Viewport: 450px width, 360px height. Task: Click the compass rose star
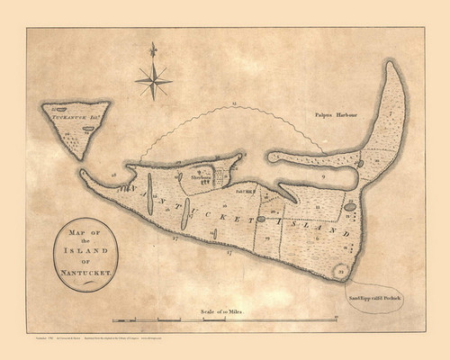pyautogui.click(x=154, y=82)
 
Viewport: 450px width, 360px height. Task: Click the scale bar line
pyautogui.click(x=225, y=319)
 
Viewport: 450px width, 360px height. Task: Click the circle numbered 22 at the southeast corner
pyautogui.click(x=340, y=270)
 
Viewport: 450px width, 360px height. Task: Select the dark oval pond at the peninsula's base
pyautogui.click(x=359, y=164)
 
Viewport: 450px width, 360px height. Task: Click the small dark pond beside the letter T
pyautogui.click(x=261, y=219)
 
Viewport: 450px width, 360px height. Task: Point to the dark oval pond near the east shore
pyautogui.click(x=349, y=207)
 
